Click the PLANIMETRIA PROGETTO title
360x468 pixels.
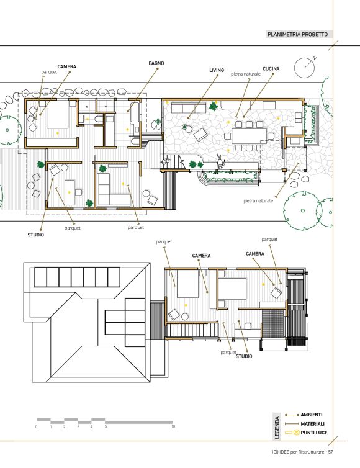(x=297, y=34)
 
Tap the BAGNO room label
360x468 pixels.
(x=156, y=63)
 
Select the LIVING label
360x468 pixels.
(x=217, y=70)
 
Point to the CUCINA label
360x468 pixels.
(x=271, y=69)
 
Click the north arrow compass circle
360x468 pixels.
(x=304, y=68)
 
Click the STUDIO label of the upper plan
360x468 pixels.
(x=36, y=235)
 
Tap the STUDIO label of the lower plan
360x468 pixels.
(x=244, y=356)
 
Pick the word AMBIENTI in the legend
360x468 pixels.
(x=312, y=415)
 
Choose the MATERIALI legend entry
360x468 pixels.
(x=312, y=424)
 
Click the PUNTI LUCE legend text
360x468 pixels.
(x=313, y=433)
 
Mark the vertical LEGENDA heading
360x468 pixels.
(x=277, y=428)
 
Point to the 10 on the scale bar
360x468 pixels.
(x=173, y=426)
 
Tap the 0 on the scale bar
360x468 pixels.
(x=37, y=427)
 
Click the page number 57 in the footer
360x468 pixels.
(x=330, y=452)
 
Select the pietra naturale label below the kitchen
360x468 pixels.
(x=258, y=201)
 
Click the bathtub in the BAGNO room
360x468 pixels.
(x=135, y=112)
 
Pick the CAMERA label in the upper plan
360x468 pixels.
(x=66, y=66)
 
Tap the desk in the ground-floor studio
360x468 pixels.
(x=70, y=192)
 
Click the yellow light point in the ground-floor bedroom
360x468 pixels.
(x=58, y=133)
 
